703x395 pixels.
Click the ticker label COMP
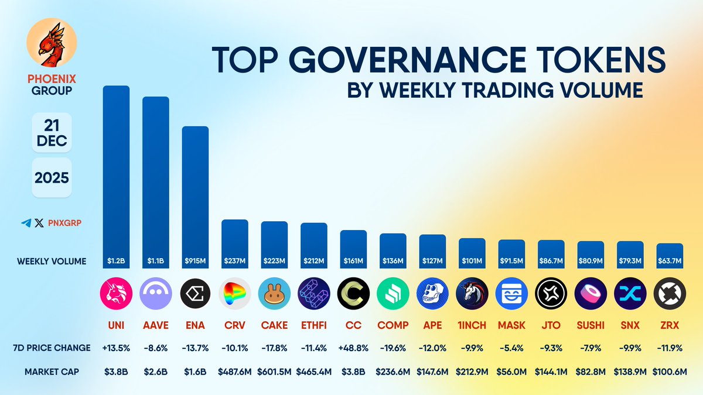point(393,324)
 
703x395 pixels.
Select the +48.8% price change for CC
point(353,348)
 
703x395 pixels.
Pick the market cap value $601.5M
point(274,372)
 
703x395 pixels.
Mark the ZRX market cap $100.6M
point(669,372)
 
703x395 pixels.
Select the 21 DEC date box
point(51,133)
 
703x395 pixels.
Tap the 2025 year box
point(51,177)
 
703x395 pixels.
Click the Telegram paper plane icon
point(26,223)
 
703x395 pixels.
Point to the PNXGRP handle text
point(64,223)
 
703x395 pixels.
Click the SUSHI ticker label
point(590,324)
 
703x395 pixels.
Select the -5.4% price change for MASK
point(511,348)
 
